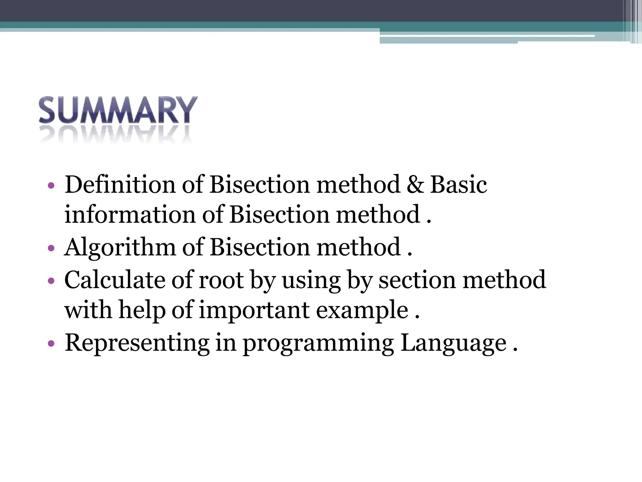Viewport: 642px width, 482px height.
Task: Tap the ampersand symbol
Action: click(415, 185)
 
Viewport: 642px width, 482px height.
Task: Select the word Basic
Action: click(458, 185)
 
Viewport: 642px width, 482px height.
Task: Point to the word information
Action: click(130, 215)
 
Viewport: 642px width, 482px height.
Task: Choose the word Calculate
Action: click(114, 280)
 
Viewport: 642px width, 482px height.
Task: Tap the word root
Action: click(221, 280)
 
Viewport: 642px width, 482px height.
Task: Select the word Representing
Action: click(137, 343)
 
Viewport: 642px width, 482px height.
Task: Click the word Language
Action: click(453, 343)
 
